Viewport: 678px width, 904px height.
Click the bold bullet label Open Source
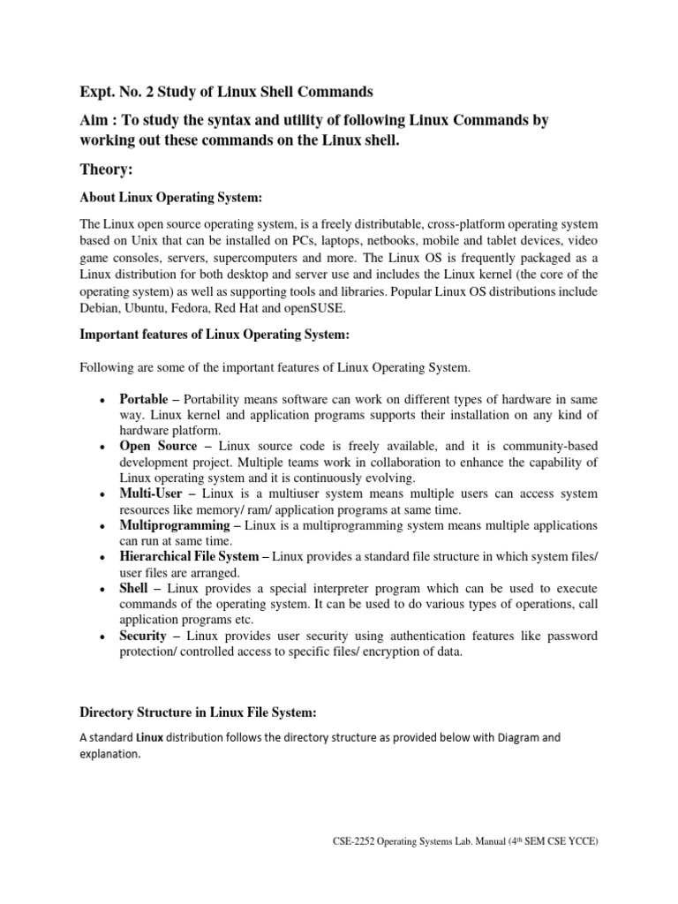[158, 447]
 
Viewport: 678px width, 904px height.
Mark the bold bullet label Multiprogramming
[175, 525]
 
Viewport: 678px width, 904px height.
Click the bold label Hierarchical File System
[188, 556]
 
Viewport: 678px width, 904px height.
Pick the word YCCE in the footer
[580, 867]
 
